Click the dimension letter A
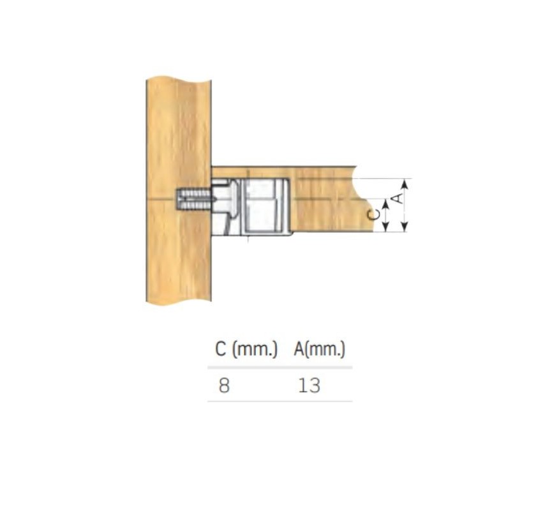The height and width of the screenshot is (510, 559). point(398,199)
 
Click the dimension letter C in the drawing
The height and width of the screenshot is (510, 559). point(373,214)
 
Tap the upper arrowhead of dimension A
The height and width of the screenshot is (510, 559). point(405,184)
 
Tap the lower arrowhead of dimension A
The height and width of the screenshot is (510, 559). point(405,226)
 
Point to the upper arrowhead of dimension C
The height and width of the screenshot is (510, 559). point(385,205)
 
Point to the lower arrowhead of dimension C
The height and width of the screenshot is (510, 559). point(385,227)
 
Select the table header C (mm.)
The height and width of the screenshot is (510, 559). point(246,349)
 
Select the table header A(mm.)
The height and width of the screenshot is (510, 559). point(320,349)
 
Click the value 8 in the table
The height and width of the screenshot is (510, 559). point(224,386)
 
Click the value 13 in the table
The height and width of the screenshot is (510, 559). point(309,386)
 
